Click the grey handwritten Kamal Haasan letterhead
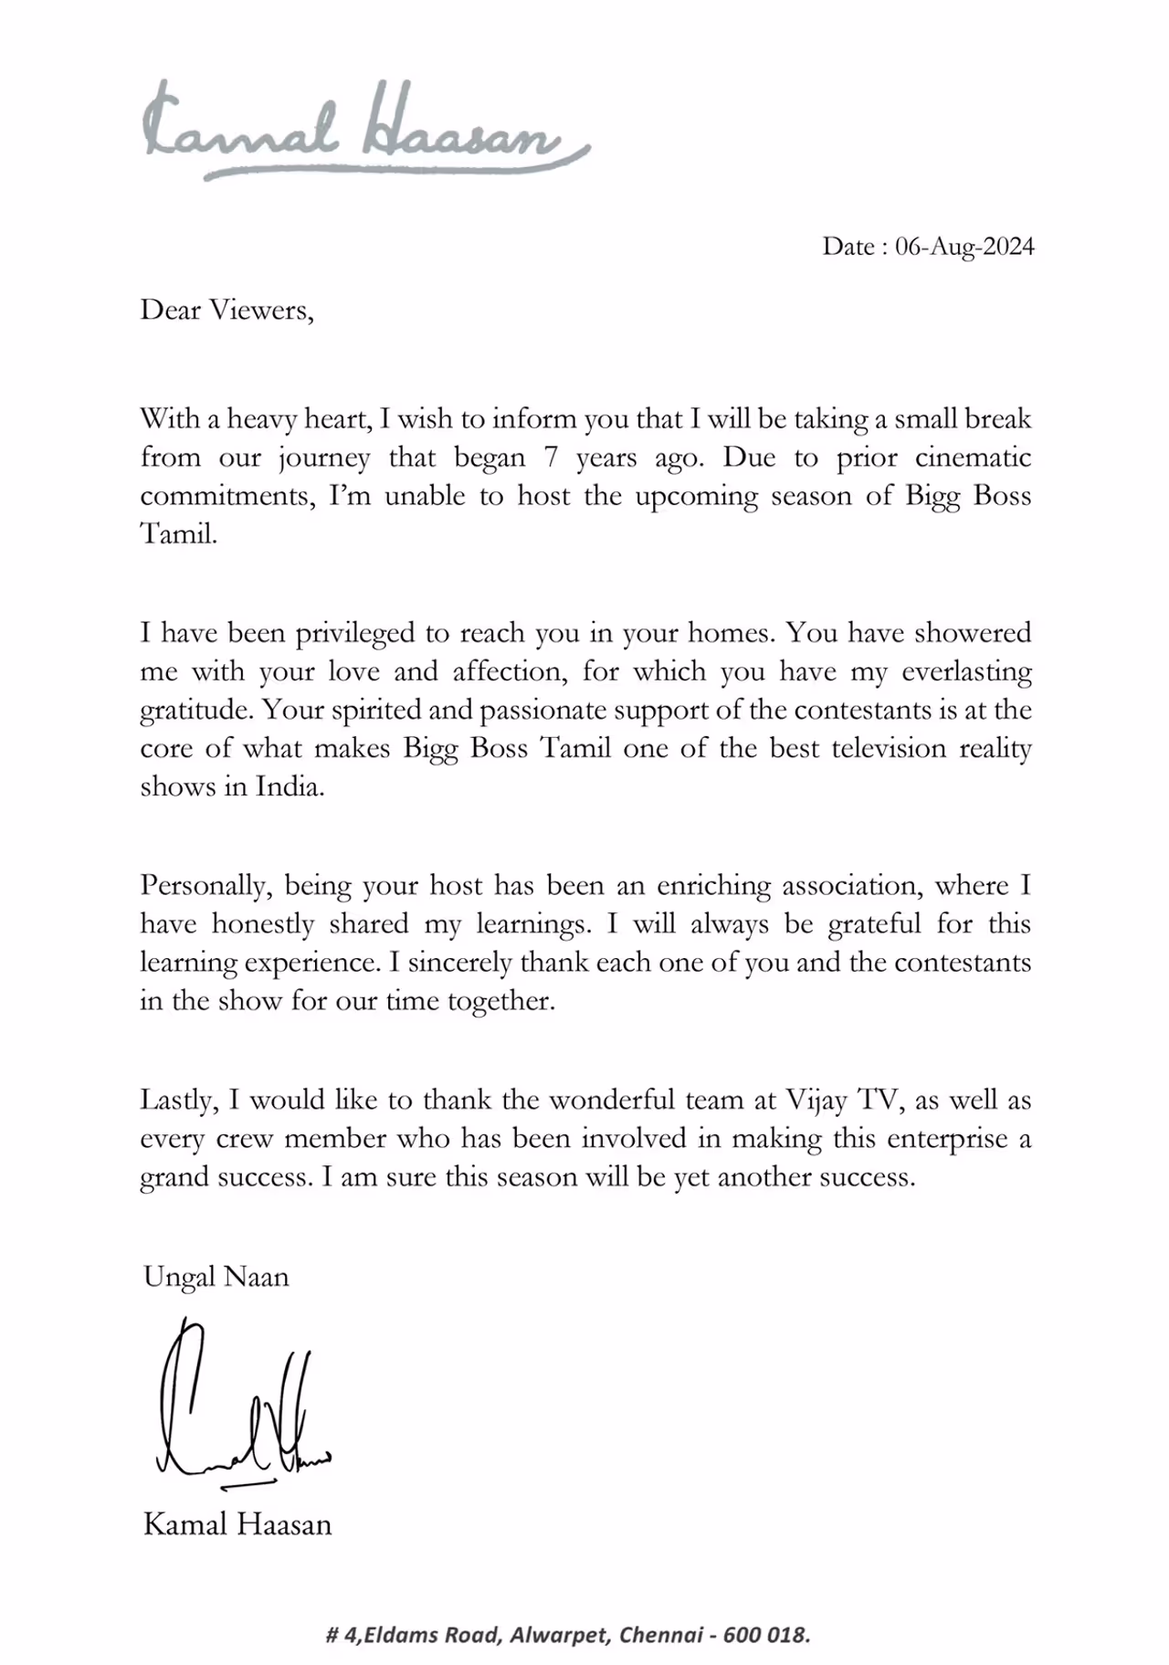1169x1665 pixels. (365, 132)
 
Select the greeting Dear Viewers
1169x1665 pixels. (226, 311)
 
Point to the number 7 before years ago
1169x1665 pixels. (551, 458)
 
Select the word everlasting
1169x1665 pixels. (966, 672)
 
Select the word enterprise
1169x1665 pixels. (945, 1139)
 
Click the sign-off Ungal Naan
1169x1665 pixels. (216, 1276)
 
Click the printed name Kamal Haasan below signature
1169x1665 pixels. (237, 1524)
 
